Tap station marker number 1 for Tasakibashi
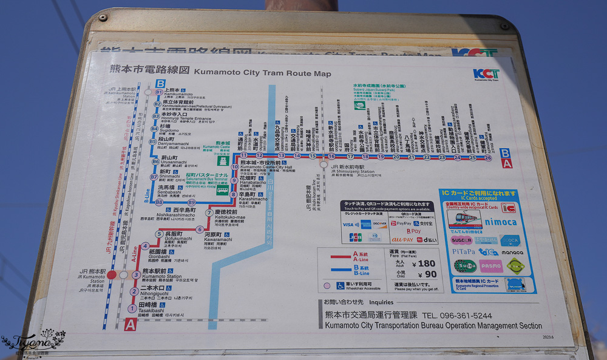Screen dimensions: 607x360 coord(132,308)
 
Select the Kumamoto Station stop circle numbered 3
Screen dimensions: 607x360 coord(137,275)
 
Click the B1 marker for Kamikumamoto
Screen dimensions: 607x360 coord(159,92)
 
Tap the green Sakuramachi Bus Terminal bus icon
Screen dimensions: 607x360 coord(223,190)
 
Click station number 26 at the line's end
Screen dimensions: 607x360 coord(488,157)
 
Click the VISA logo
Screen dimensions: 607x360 coord(348,225)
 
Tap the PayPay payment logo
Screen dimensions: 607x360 coord(402,223)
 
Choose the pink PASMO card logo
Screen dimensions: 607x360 coord(490,265)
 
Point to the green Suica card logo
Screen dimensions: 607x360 coord(464,265)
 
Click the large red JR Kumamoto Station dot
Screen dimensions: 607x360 coord(112,275)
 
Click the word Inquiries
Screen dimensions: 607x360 coord(381,302)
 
